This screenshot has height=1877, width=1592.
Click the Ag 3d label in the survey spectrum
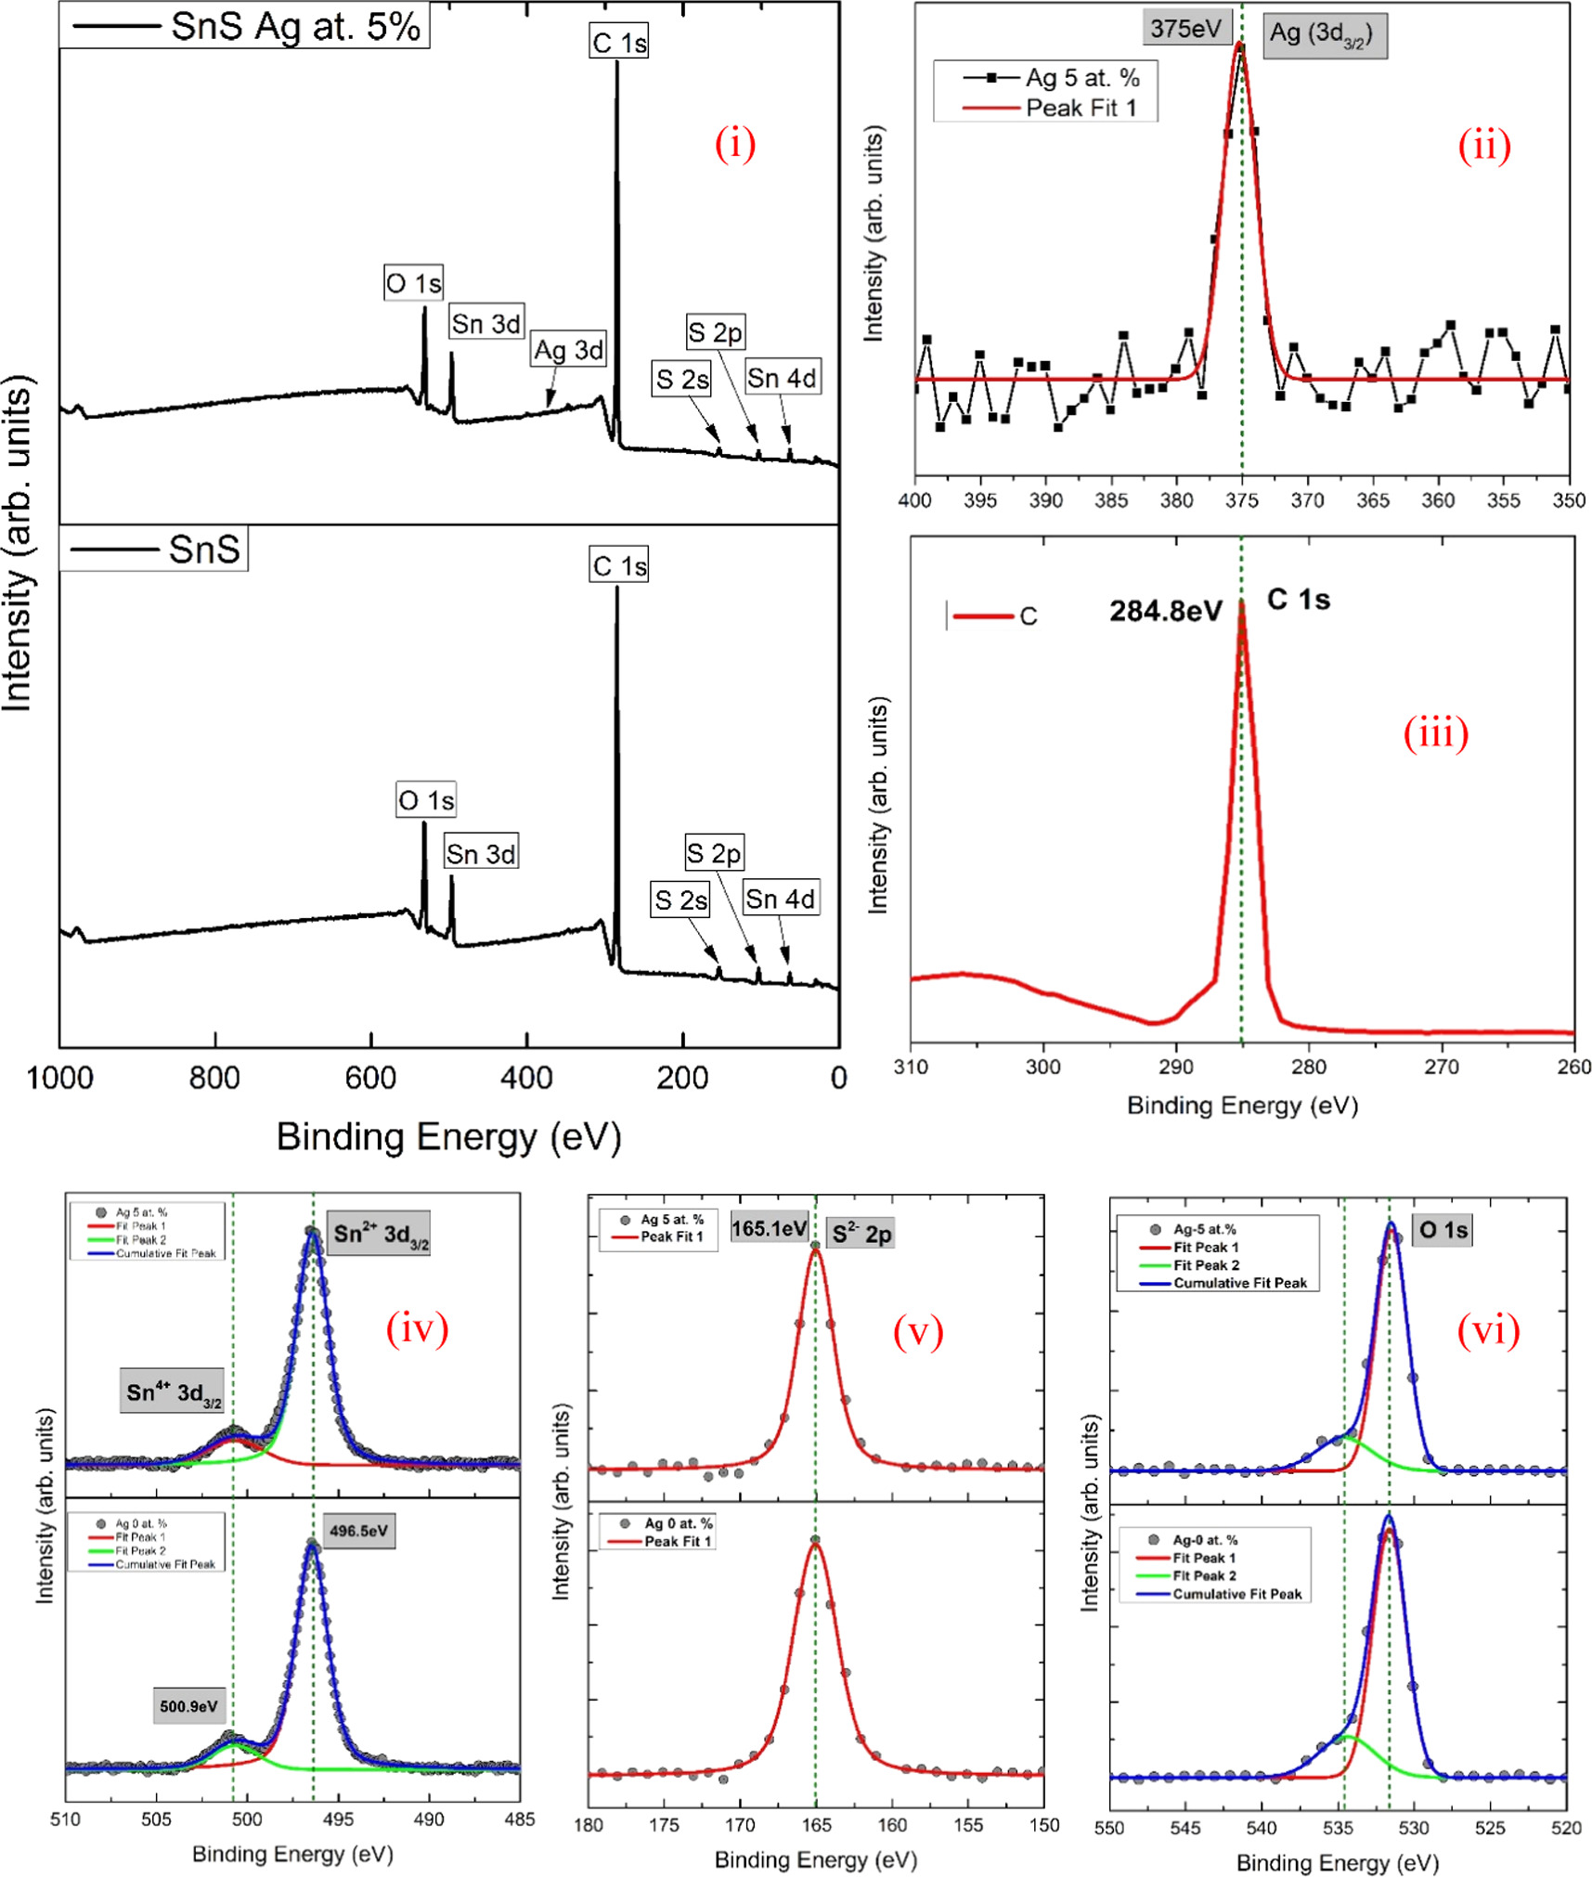(568, 351)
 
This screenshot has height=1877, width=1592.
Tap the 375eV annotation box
(1185, 29)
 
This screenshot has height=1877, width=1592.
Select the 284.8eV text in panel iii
(1166, 612)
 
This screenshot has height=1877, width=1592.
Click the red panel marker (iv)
(417, 1328)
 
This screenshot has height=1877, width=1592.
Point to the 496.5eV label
(358, 1531)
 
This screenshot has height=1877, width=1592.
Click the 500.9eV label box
(188, 1706)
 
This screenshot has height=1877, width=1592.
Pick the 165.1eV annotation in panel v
(769, 1229)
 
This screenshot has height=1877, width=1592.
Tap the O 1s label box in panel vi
(1443, 1231)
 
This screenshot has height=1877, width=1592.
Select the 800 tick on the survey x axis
(214, 1079)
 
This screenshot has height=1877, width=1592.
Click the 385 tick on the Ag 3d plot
(1111, 501)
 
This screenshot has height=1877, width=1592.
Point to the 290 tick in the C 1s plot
(1175, 1068)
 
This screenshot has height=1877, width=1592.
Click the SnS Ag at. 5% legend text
(295, 27)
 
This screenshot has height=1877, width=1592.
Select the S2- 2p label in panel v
(861, 1234)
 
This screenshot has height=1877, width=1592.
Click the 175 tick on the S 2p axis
(664, 1825)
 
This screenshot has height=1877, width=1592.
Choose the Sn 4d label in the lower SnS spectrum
(780, 899)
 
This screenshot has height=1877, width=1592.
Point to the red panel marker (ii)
(1483, 146)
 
